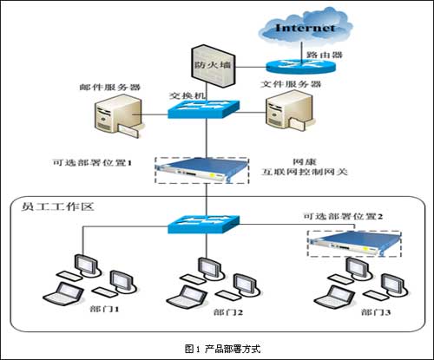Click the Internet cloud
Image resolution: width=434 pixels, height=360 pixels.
pos(305,26)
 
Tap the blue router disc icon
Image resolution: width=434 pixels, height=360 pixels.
pos(300,66)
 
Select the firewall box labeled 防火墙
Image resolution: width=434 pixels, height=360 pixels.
pos(213,66)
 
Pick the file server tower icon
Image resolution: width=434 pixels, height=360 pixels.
pos(288,111)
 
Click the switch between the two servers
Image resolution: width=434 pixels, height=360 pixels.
pos(204,109)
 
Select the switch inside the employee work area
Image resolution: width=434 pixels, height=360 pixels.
pos(204,225)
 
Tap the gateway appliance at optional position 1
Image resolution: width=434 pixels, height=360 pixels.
pos(202,170)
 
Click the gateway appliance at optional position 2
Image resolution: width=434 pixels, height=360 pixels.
pos(354,244)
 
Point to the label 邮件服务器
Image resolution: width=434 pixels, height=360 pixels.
pos(110,87)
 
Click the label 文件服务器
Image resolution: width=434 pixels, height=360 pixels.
pos(291,84)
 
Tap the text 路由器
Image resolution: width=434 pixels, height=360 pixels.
pos(325,55)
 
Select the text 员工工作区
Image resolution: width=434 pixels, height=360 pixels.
pos(58,206)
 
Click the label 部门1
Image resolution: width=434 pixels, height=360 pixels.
pos(104,309)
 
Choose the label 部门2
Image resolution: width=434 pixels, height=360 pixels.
pos(228,312)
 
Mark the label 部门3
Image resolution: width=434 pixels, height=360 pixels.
pos(376,312)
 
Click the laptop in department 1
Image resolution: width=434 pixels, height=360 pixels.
pos(63,293)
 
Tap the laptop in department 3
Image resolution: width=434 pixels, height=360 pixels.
pos(334,298)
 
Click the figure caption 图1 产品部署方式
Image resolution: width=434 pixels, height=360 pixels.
pos(223,349)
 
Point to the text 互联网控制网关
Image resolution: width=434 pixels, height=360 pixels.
pos(305,172)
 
